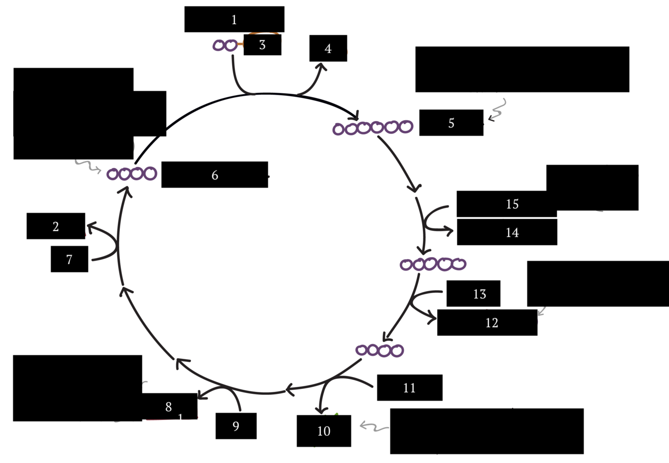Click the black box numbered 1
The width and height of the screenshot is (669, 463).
pyautogui.click(x=234, y=20)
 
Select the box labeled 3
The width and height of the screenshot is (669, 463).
pyautogui.click(x=262, y=45)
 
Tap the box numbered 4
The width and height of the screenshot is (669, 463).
pyautogui.click(x=328, y=49)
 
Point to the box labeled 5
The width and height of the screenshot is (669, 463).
pyautogui.click(x=451, y=123)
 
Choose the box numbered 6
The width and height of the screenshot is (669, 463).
pyautogui.click(x=215, y=175)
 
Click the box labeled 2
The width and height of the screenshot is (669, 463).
pyautogui.click(x=56, y=226)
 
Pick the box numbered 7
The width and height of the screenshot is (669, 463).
pyautogui.click(x=69, y=259)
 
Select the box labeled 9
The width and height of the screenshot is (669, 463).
pyautogui.click(x=236, y=426)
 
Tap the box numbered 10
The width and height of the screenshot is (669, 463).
pyautogui.click(x=323, y=431)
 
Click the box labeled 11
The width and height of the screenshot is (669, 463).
pyautogui.click(x=409, y=387)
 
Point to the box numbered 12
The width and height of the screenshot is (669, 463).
pyautogui.click(x=487, y=323)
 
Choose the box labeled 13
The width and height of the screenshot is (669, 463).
pyautogui.click(x=473, y=294)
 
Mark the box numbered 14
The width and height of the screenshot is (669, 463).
pyautogui.click(x=507, y=233)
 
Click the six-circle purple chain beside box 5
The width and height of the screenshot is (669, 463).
pyautogui.click(x=373, y=128)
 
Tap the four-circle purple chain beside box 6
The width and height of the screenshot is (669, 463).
pyautogui.click(x=132, y=174)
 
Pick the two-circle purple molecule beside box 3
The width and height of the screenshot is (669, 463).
pyautogui.click(x=225, y=46)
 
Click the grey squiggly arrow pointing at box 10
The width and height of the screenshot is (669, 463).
pyautogui.click(x=374, y=427)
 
